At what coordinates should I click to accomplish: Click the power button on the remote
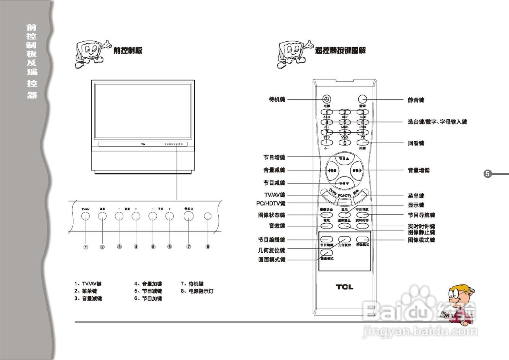pos(326,99)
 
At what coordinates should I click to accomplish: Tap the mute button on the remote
pos(362,99)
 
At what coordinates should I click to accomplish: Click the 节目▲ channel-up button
pos(344,158)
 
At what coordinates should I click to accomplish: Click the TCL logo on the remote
pos(344,287)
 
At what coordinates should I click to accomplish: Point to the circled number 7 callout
pos(188,246)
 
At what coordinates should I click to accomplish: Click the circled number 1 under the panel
pos(85,247)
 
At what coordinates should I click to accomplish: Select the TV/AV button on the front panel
pos(85,216)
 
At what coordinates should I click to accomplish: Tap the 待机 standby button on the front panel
pos(188,216)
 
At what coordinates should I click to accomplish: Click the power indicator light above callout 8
pos(208,216)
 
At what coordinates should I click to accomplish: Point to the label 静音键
pos(416,100)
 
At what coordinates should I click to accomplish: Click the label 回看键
pos(416,143)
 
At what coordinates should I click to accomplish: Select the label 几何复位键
pos(271,250)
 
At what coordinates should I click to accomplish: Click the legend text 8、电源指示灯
pos(197,291)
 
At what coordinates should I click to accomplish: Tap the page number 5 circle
pos(488,174)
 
